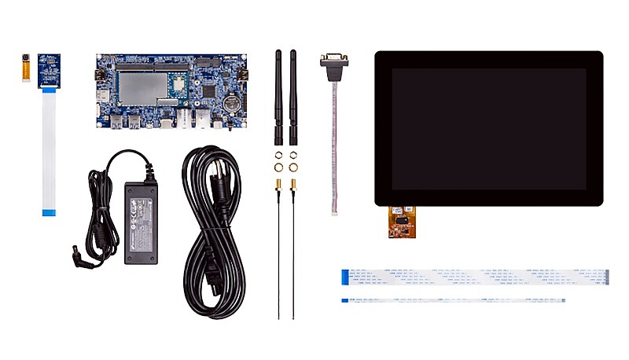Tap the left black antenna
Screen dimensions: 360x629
point(278,94)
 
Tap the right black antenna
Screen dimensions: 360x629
point(293,94)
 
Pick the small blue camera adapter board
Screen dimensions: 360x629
point(50,70)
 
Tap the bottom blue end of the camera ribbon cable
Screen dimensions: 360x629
point(49,211)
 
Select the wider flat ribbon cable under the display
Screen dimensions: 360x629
point(475,277)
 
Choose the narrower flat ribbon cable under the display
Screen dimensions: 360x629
point(453,299)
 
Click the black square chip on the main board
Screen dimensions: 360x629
point(210,90)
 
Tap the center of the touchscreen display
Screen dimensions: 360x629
point(488,128)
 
